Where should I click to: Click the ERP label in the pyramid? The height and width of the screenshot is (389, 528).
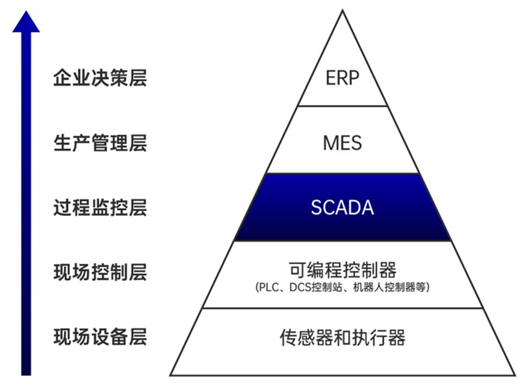[x=343, y=78]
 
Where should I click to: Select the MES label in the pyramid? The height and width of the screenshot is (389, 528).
[x=343, y=143]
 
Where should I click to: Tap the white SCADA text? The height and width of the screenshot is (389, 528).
[x=343, y=207]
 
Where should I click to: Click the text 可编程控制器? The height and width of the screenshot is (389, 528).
[x=343, y=270]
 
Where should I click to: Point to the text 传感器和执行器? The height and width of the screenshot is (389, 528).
[x=343, y=338]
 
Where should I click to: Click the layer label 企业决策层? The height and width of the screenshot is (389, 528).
[x=100, y=78]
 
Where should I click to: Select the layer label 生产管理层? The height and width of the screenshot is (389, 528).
[x=100, y=143]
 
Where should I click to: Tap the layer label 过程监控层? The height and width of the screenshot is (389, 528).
[x=100, y=207]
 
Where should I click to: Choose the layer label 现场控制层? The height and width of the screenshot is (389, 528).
[x=100, y=272]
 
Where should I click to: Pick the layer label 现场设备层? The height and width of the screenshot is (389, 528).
[x=100, y=337]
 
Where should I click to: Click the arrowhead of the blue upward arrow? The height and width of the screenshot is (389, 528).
[x=26, y=22]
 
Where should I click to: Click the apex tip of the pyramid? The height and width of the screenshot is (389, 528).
[x=343, y=11]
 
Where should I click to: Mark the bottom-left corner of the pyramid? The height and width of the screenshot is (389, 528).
[x=170, y=375]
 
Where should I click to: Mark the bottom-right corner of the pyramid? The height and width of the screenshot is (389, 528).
[x=515, y=375]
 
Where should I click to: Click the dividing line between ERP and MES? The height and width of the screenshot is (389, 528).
[x=343, y=106]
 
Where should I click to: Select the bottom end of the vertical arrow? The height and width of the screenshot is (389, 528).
[x=26, y=375]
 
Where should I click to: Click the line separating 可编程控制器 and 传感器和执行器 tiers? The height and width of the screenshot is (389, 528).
[x=343, y=308]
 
